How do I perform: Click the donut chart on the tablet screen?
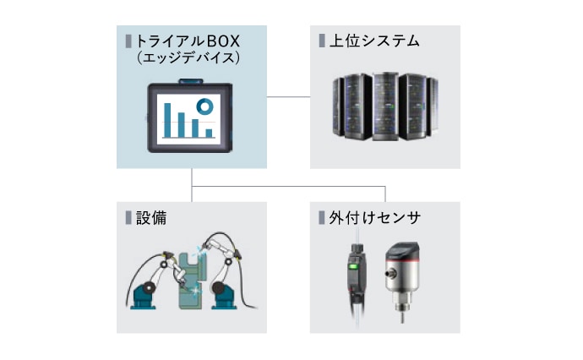point(204,106)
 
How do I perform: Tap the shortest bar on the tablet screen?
point(207,132)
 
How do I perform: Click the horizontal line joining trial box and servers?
point(287,98)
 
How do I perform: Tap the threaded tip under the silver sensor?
point(400,314)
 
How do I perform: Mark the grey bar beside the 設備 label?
point(128,218)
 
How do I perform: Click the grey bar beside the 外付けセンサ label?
point(322,218)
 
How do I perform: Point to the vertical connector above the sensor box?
point(385,194)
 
